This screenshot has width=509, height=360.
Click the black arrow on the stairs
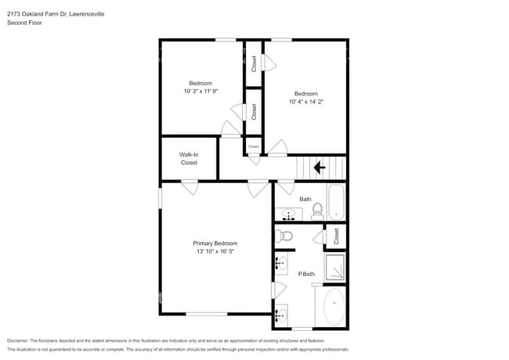coord(319,167)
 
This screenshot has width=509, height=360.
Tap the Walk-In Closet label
coord(189,159)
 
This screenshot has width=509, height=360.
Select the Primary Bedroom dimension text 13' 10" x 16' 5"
coord(215,252)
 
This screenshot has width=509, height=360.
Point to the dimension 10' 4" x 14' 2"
coord(305,101)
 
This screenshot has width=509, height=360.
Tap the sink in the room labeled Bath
coord(287,214)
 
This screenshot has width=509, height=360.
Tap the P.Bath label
coord(306,274)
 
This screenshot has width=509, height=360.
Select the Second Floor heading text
coord(24,23)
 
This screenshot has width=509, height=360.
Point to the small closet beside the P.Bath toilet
coord(336,235)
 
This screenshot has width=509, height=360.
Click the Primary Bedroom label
coord(215,243)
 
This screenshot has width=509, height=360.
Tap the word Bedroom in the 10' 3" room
coord(200,83)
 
